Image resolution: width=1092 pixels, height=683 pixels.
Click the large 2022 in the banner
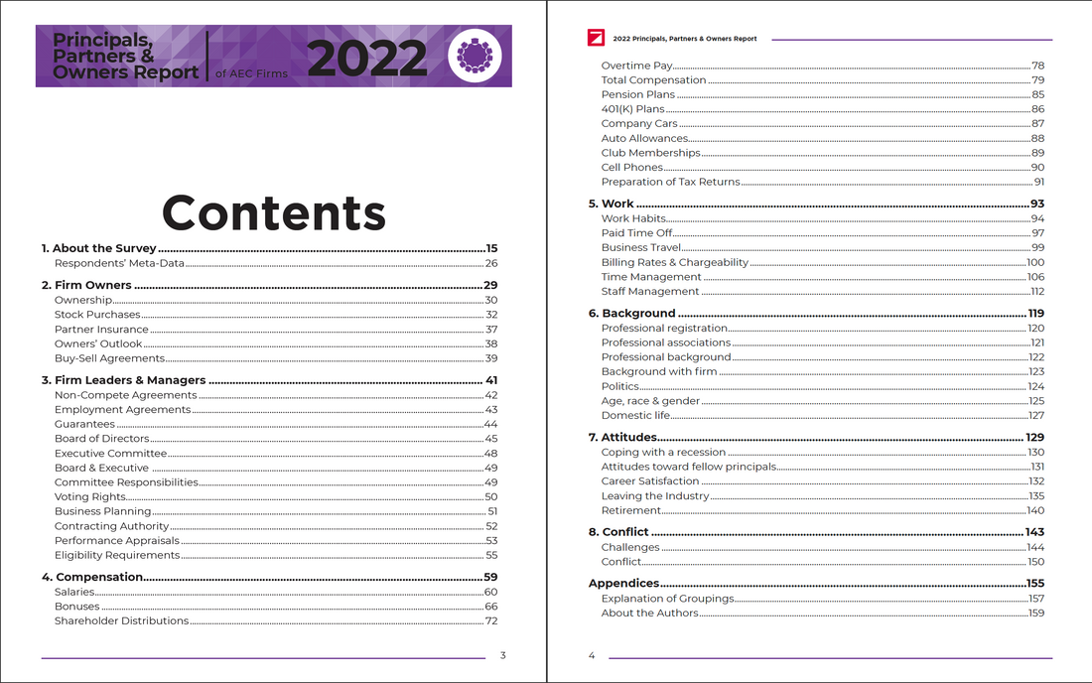(366, 60)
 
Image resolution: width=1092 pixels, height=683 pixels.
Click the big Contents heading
(274, 212)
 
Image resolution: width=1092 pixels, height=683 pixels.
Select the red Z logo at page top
(596, 38)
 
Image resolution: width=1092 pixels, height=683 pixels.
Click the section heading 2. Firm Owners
(86, 285)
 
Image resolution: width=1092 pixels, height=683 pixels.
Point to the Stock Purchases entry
(97, 315)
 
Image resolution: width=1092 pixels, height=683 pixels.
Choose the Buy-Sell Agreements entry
(109, 358)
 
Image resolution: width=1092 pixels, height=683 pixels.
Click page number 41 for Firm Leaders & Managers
(490, 380)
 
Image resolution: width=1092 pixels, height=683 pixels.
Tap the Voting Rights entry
(90, 496)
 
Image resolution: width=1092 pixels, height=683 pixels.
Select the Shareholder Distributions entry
(121, 620)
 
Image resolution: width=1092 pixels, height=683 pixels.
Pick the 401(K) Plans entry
(632, 109)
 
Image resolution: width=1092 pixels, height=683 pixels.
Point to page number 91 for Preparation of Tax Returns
(1038, 182)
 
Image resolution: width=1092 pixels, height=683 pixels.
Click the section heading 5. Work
(617, 204)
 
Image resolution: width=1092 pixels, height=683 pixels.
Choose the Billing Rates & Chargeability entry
(675, 262)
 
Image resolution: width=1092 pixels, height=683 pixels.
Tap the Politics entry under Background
(620, 386)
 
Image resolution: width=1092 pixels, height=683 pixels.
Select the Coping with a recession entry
(663, 452)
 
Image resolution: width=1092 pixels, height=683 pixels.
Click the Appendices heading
(623, 583)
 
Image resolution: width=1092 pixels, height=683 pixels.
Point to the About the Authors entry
(649, 613)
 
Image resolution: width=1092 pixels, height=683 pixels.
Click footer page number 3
(503, 655)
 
